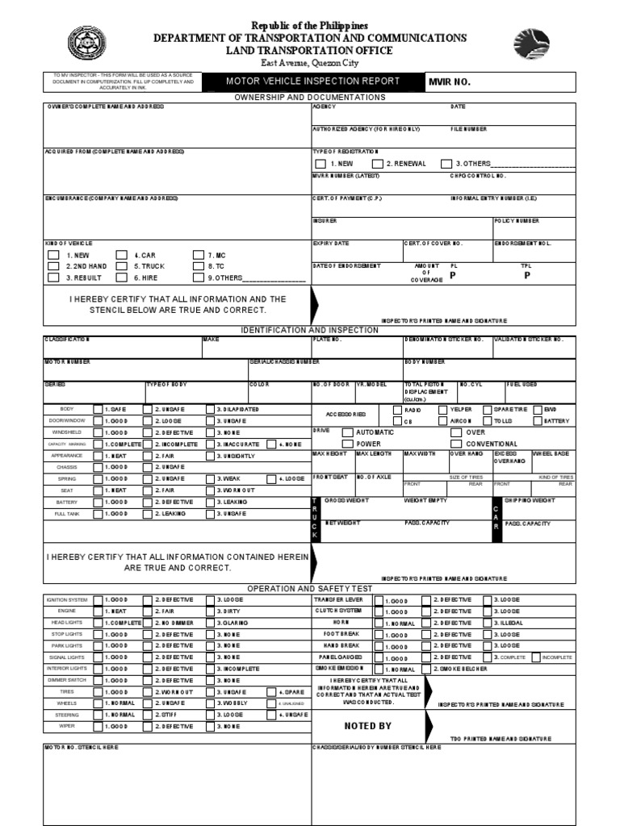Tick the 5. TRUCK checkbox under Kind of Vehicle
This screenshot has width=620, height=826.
122,266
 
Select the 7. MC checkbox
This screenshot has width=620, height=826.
199,255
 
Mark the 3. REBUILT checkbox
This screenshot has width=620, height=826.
53,277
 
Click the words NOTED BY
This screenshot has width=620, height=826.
367,726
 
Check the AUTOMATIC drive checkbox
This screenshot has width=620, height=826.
347,432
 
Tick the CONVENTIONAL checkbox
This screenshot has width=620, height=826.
457,444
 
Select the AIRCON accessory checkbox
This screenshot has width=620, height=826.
443,421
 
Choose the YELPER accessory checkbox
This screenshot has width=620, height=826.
443,410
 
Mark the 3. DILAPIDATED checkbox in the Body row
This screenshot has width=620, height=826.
211,410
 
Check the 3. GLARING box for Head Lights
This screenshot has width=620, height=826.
211,624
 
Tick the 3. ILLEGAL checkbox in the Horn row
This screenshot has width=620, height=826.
488,624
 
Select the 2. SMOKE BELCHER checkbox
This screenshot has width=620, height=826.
427,670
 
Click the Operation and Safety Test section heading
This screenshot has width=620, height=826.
310,589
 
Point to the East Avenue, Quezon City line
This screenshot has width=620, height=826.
310,63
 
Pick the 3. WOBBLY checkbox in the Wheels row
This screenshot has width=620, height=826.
211,703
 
